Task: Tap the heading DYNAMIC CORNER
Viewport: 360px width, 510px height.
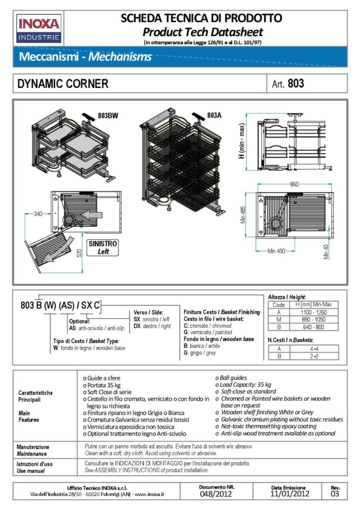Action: point(63,84)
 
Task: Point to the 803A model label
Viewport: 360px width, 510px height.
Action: point(214,115)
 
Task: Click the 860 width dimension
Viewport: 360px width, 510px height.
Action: point(294,184)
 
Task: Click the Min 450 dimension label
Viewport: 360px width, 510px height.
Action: point(277,251)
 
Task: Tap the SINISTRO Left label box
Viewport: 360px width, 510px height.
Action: point(102,248)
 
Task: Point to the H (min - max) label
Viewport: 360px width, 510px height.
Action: point(241,141)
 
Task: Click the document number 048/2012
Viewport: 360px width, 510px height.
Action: point(216,494)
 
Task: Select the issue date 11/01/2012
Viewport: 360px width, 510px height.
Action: point(290,494)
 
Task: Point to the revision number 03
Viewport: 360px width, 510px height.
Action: point(335,494)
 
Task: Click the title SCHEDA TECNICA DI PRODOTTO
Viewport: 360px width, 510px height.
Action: point(201,18)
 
